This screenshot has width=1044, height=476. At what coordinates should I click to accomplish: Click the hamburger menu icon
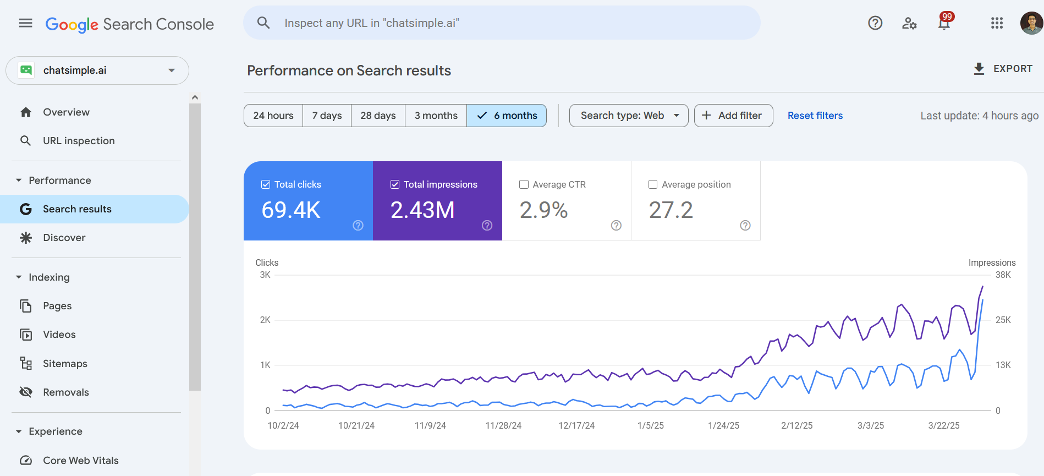[x=25, y=23]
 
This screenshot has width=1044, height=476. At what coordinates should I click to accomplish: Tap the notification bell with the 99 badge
[x=944, y=23]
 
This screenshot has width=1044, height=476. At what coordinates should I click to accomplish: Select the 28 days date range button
[x=378, y=116]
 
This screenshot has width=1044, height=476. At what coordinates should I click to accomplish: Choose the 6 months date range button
[x=507, y=116]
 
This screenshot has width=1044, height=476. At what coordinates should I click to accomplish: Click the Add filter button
[x=733, y=116]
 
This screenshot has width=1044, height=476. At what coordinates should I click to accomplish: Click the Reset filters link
[x=815, y=116]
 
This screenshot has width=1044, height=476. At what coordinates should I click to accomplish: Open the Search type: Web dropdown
[x=628, y=116]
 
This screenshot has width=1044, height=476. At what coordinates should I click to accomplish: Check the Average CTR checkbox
[x=524, y=184]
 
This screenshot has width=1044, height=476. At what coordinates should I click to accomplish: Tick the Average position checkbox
[x=653, y=184]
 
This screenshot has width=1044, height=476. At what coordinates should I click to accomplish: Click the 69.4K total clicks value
[x=291, y=210]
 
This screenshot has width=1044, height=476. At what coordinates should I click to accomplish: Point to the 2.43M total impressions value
[x=422, y=210]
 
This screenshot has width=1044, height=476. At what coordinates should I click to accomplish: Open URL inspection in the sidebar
[x=79, y=141]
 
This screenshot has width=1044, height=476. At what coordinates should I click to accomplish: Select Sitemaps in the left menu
[x=65, y=364]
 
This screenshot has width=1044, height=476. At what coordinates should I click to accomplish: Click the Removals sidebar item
[x=66, y=392]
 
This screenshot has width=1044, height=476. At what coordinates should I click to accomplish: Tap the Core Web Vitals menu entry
[x=81, y=461]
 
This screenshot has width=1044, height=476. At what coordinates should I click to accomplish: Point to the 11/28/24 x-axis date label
[x=503, y=425]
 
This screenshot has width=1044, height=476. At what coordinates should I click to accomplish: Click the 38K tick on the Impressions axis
[x=1003, y=275]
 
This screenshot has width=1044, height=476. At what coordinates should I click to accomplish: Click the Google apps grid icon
[x=997, y=23]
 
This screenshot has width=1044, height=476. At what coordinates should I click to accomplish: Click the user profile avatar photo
[x=1031, y=23]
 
